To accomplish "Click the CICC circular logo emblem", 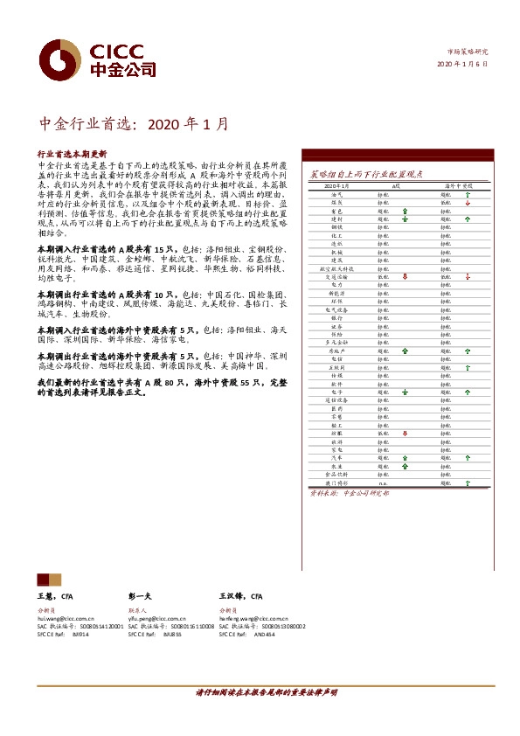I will point(59,60).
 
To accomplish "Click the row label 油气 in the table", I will point(336,195).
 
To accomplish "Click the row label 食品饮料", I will point(336,473).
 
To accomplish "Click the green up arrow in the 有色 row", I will point(405,212).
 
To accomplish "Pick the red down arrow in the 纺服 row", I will point(405,433).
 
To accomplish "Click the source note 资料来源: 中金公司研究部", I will point(340,493).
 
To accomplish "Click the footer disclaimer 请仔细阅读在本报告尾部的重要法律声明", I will point(266,691).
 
